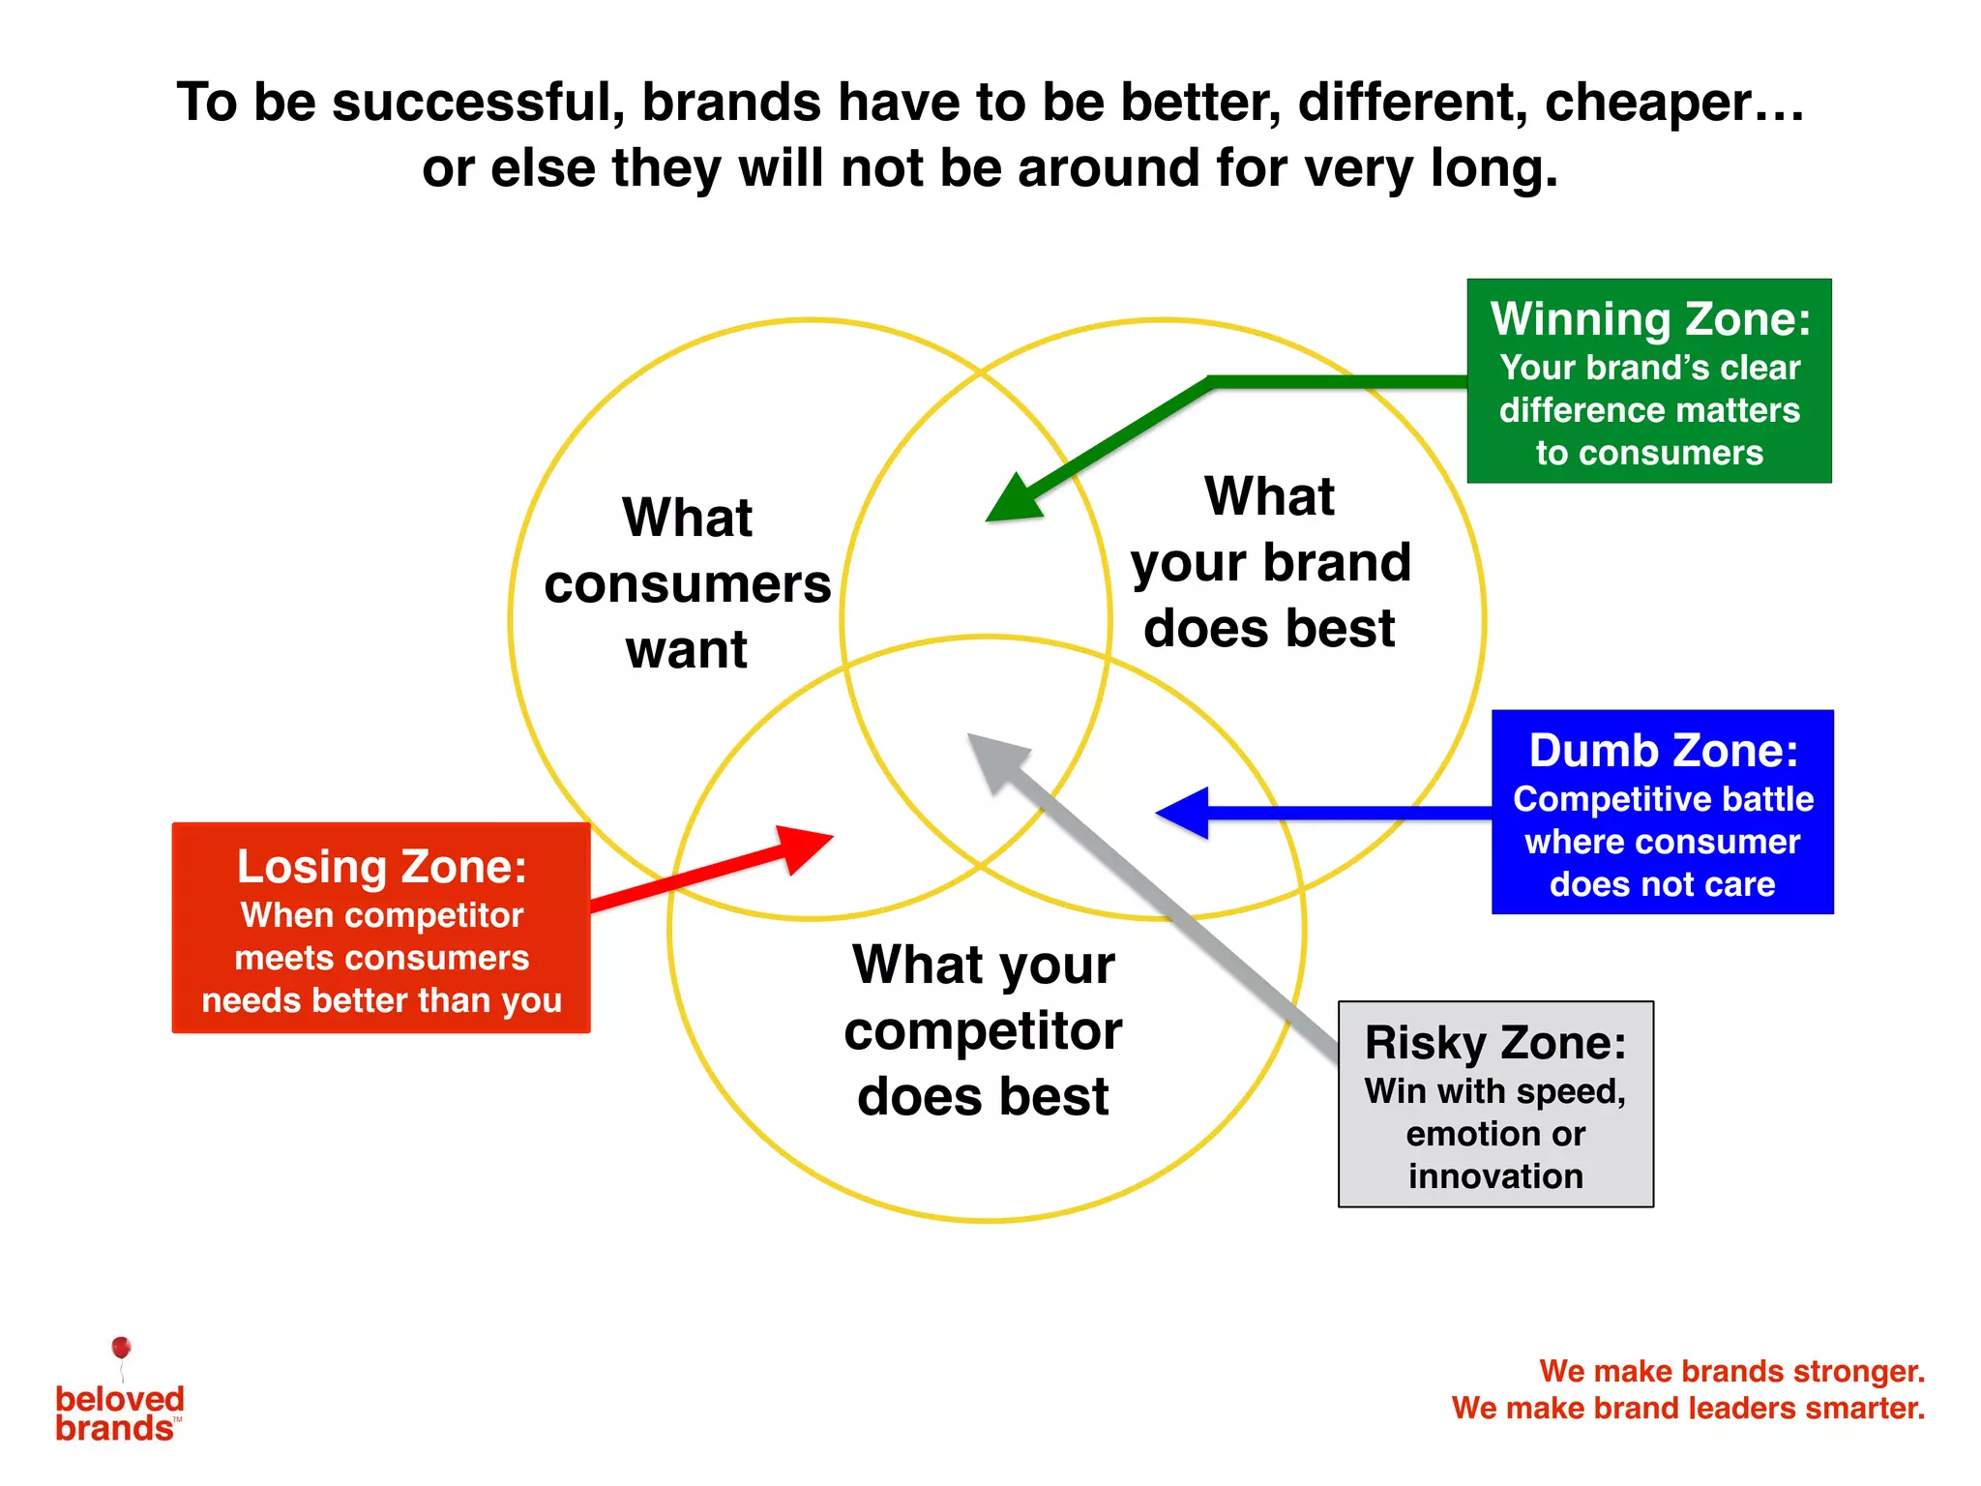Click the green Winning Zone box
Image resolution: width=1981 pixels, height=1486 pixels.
click(x=1648, y=381)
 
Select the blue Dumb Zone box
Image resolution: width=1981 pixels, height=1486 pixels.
click(x=1662, y=812)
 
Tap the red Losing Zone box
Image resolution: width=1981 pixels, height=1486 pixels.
click(x=381, y=928)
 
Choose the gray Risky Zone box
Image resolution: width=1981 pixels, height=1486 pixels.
click(x=1495, y=1104)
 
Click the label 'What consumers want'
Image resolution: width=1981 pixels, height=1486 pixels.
click(x=687, y=582)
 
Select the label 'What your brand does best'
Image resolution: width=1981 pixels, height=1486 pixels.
click(x=1270, y=562)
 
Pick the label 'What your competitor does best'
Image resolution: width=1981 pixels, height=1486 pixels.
click(x=983, y=1029)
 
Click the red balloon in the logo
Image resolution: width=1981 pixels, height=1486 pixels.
click(x=121, y=1348)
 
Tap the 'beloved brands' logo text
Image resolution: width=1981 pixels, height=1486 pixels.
click(x=118, y=1413)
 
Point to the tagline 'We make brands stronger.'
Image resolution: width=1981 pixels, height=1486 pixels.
click(x=1731, y=1371)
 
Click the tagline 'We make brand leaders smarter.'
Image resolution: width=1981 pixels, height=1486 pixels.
click(x=1688, y=1408)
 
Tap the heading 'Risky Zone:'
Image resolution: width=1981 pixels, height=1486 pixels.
click(x=1495, y=1043)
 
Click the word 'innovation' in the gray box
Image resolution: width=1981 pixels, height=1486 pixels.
click(x=1495, y=1176)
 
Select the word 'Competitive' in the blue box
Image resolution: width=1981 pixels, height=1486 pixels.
click(x=1587, y=799)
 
